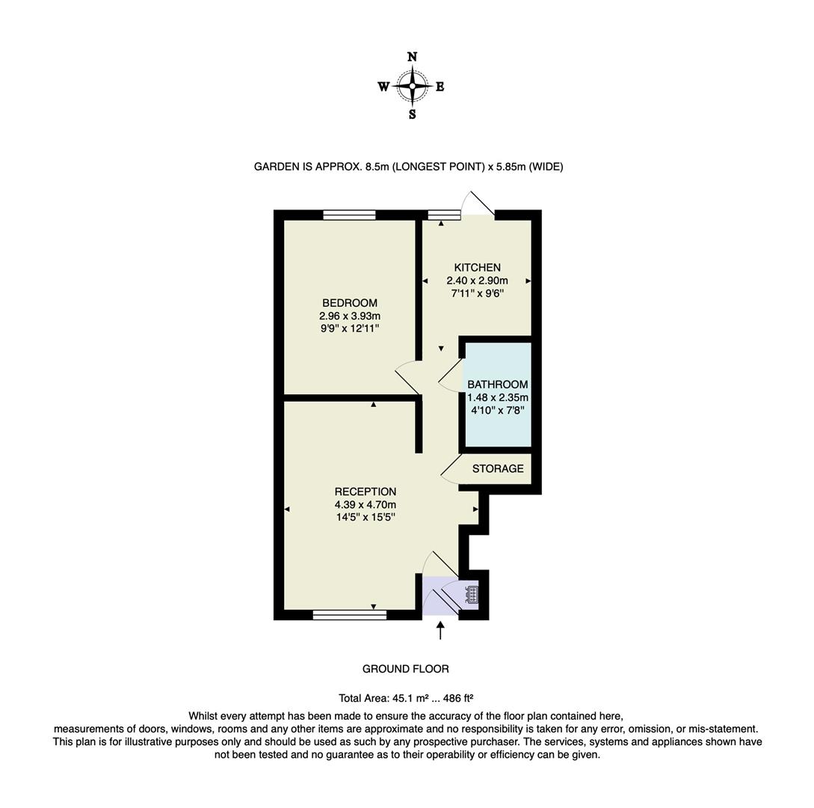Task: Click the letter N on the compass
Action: [412, 57]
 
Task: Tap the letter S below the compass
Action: [412, 114]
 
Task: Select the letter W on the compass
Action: [383, 87]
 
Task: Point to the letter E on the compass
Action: [440, 87]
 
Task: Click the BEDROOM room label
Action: [349, 303]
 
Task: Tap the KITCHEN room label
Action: [477, 268]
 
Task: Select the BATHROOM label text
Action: [497, 385]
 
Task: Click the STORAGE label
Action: [498, 469]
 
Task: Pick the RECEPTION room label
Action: [365, 492]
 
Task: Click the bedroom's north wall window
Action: [349, 215]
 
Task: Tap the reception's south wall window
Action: [349, 615]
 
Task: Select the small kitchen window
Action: [444, 215]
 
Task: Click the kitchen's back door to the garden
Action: [479, 204]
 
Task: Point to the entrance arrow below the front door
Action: [440, 630]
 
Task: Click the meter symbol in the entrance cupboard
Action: [472, 595]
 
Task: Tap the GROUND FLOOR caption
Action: [406, 669]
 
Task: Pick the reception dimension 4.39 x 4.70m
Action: [365, 504]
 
